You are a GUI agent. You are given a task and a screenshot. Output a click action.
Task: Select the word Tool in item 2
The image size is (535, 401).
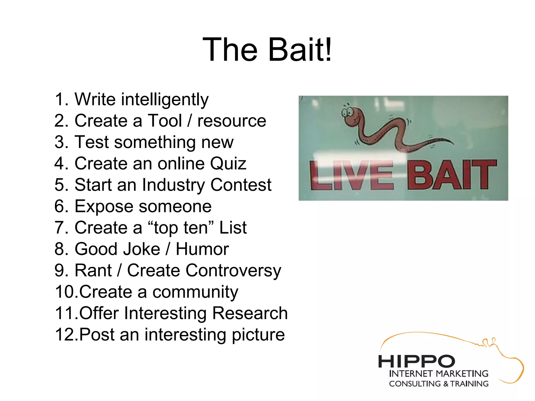[x=165, y=121]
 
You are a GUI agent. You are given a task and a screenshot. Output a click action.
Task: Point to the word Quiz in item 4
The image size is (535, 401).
[x=228, y=164]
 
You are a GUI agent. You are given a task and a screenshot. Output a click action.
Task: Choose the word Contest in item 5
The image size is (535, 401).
[x=241, y=185]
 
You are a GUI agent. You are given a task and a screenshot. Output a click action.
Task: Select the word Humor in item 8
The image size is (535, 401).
[x=202, y=249]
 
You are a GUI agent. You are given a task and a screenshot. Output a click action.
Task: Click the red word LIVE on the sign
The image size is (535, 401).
[x=351, y=175]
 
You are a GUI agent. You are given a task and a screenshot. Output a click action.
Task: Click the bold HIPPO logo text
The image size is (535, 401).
[x=416, y=362]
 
